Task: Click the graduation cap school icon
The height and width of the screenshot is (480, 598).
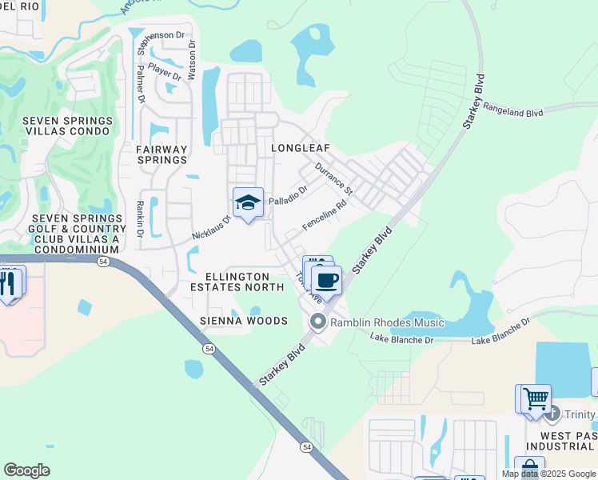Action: tap(248, 203)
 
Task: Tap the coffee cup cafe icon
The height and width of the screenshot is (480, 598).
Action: tap(326, 281)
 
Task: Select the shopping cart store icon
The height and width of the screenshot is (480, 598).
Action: tap(536, 397)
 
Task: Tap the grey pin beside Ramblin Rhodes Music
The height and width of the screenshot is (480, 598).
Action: tap(317, 322)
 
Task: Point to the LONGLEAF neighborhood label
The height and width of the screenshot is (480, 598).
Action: tap(300, 149)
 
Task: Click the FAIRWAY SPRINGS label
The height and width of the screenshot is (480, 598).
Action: tap(161, 154)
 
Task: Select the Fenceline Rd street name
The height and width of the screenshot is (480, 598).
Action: tap(325, 216)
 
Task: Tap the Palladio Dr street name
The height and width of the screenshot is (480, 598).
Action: tap(288, 195)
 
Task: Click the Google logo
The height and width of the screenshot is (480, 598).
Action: tap(27, 470)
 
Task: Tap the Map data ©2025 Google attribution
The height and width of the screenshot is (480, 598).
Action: tap(548, 474)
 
